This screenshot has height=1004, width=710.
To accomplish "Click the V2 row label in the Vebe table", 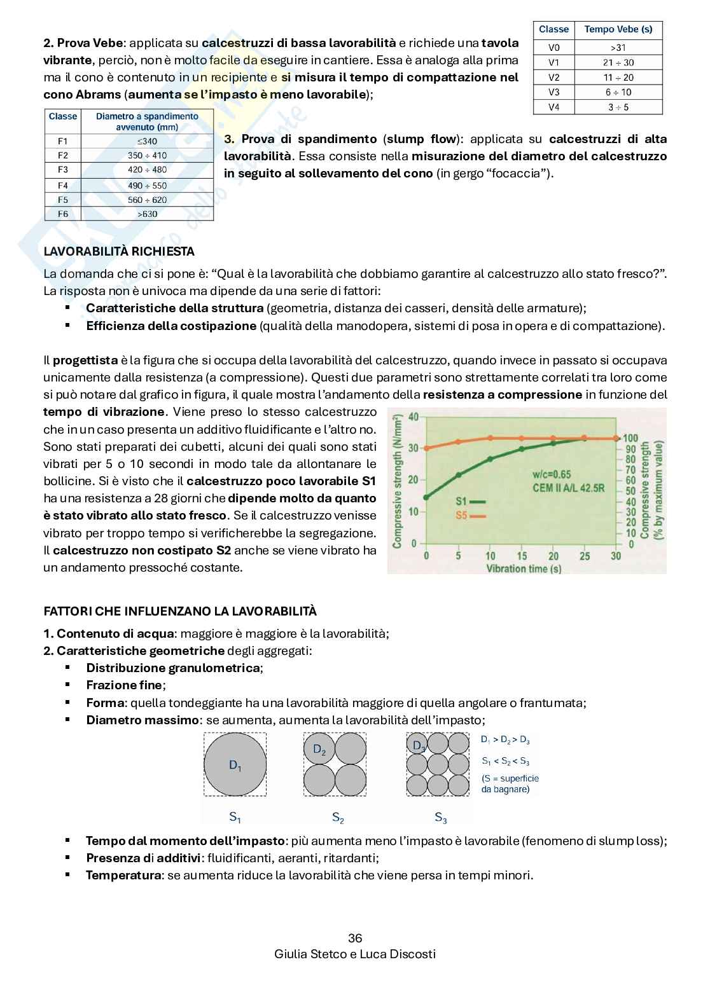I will [x=553, y=78].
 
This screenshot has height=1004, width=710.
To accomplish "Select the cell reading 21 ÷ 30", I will [x=618, y=63].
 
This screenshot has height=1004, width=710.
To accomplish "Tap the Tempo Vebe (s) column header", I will [x=618, y=29].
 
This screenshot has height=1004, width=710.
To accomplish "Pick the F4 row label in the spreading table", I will [x=62, y=186].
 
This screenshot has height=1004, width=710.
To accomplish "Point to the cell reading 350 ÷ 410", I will [x=147, y=156].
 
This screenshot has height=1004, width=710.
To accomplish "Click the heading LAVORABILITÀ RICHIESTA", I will [x=119, y=252].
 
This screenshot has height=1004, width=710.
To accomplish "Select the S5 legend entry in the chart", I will [x=470, y=516].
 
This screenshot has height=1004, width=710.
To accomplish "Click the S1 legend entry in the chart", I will [x=470, y=502].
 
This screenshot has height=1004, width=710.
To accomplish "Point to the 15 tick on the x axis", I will [x=522, y=556].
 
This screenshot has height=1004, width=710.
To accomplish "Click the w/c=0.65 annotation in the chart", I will [x=552, y=474].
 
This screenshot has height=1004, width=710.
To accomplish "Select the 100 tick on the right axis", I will [x=630, y=438].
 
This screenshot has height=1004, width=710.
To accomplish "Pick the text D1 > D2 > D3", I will [x=505, y=740].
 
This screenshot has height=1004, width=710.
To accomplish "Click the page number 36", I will [x=355, y=939].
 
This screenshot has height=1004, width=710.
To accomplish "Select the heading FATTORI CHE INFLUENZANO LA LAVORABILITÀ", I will [x=180, y=612].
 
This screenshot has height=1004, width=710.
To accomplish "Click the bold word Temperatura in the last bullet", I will [x=123, y=876].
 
